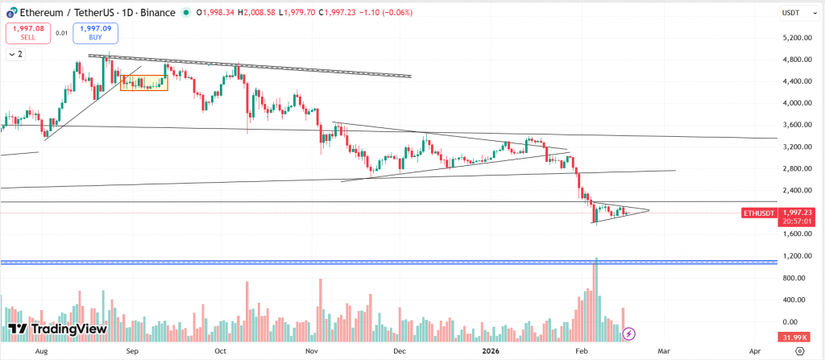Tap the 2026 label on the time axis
491,351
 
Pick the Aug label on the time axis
42,351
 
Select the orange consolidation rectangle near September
144,82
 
